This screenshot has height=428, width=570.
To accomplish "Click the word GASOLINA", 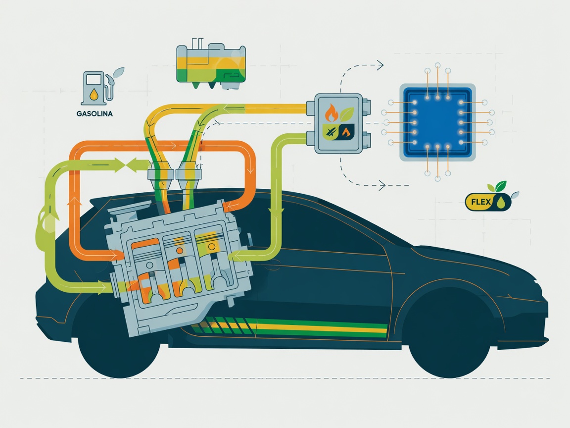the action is pos(95,113).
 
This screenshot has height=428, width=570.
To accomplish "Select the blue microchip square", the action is pos(438,122).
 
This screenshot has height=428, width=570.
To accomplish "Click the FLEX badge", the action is pos(488,202).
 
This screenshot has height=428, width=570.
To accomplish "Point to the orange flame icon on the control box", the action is pos(331,112).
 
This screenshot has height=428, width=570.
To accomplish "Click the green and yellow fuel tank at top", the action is pos(211,65).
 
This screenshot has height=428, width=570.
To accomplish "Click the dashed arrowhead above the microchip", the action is pos(380,65).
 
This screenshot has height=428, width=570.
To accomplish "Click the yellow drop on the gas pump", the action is pos(94,94).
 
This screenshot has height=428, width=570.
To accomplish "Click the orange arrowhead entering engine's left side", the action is pos(119,255).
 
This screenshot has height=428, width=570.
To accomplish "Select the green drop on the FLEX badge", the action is pos(502,202).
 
